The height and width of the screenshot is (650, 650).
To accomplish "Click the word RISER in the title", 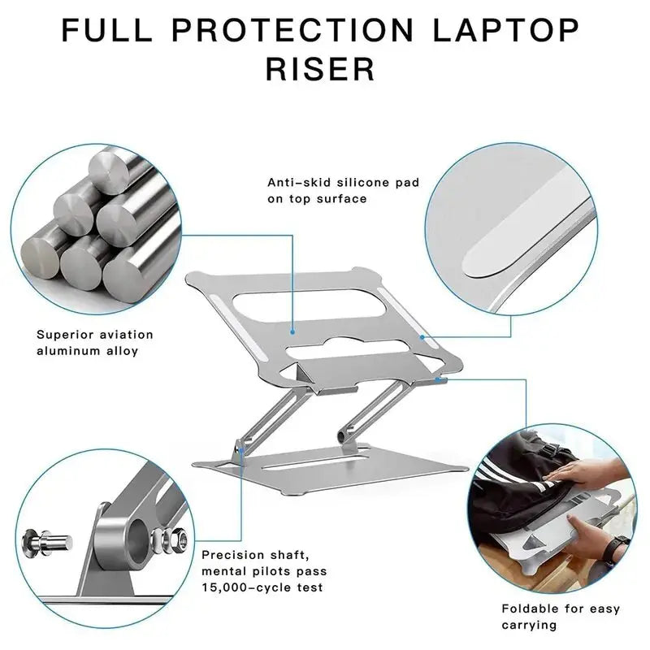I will (321, 68).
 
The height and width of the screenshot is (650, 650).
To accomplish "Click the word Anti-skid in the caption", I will (296, 183).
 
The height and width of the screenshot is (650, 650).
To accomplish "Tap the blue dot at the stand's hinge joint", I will (241, 445).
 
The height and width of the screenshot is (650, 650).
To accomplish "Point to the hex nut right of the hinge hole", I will (180, 539).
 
